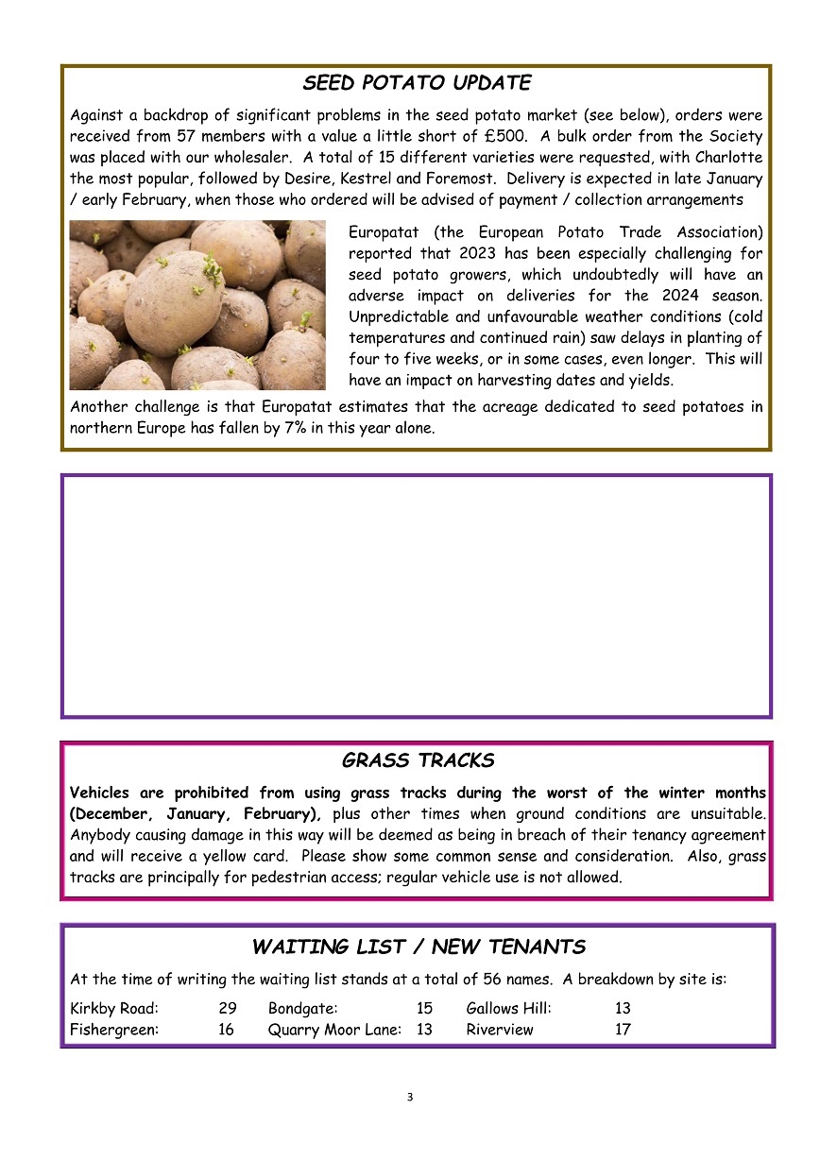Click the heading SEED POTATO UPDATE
click(417, 83)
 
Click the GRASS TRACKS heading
click(418, 760)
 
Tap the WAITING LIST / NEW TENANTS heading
click(419, 947)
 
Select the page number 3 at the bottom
click(410, 1097)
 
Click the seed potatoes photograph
click(197, 305)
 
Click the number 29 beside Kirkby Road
click(227, 1008)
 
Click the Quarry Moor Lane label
click(334, 1029)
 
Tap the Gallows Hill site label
click(508, 1008)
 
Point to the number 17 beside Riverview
click(623, 1029)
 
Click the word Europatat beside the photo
click(384, 232)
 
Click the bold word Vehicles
click(100, 793)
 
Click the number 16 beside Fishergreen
click(226, 1029)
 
